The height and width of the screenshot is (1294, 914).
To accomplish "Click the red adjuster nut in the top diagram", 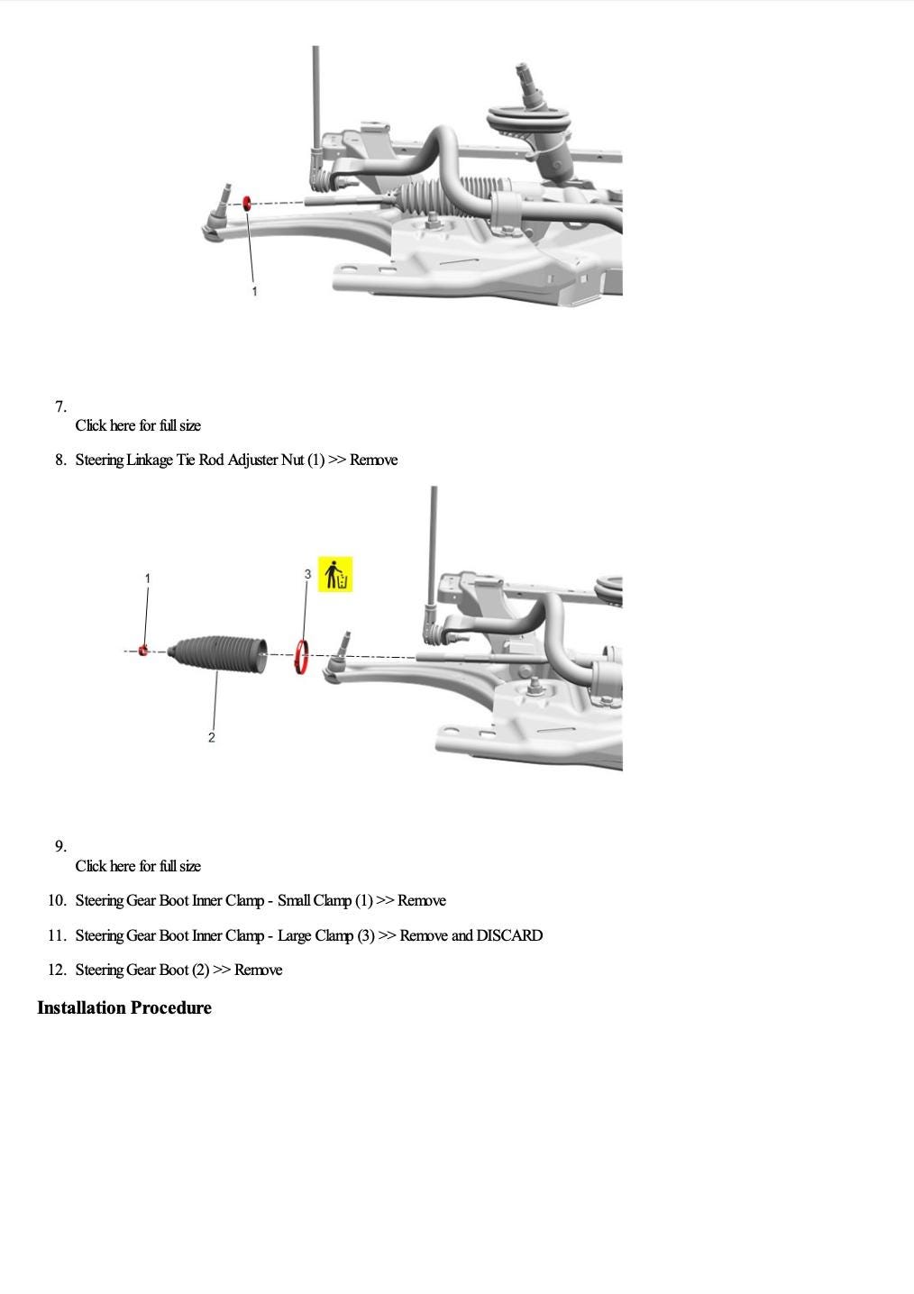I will (x=247, y=204).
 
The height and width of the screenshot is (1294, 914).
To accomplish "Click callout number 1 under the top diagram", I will (x=254, y=291).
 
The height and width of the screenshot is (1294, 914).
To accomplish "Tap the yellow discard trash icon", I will (x=335, y=575).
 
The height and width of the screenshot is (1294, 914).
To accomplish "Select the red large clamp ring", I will (x=304, y=656).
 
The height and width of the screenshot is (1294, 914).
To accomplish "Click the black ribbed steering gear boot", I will (x=219, y=654).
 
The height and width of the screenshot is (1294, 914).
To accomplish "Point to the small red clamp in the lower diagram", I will (x=143, y=650).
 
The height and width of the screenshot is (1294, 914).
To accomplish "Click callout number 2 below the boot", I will (x=212, y=737).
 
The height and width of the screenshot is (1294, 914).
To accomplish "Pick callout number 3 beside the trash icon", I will (x=307, y=574).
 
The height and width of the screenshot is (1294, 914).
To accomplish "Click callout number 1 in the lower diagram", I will (x=148, y=578).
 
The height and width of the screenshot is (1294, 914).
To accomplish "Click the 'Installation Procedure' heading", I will (x=124, y=1007).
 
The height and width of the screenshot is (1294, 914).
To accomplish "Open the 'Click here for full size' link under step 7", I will (x=138, y=425).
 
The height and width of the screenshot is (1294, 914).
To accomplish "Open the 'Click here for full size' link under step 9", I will (x=138, y=866).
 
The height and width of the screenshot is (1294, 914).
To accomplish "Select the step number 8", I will (x=60, y=460).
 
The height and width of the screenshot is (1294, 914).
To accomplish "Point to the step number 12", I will (x=57, y=970).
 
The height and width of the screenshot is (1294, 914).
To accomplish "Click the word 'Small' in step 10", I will (x=293, y=900).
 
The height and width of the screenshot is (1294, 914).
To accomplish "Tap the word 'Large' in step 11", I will (x=294, y=935).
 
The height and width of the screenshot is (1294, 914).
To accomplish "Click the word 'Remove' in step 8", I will (x=373, y=460).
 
